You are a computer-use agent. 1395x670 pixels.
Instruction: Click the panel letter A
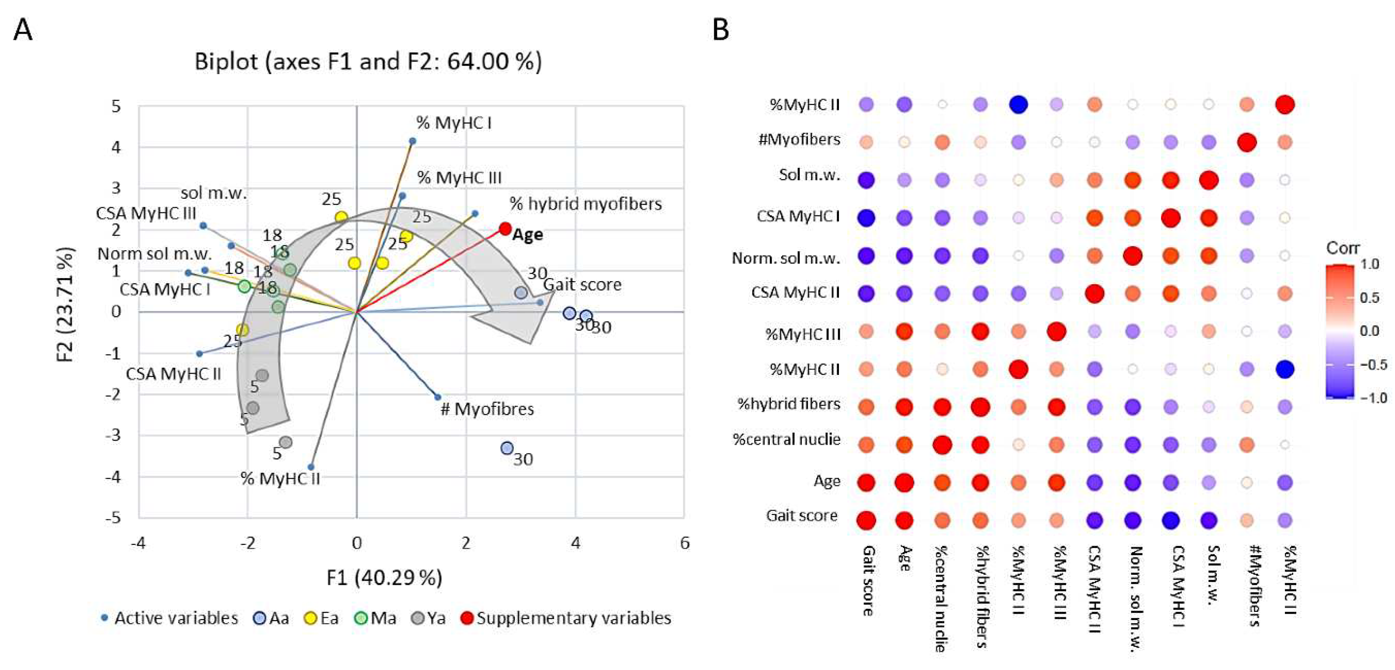click(x=23, y=30)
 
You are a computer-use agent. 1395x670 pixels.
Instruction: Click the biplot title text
click(x=368, y=62)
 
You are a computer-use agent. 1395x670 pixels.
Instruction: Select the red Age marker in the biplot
click(x=505, y=229)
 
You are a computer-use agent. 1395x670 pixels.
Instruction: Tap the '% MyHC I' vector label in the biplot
click(x=454, y=124)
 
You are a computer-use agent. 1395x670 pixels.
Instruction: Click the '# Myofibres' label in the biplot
click(x=487, y=409)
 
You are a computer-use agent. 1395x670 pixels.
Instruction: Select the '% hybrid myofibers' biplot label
click(x=586, y=204)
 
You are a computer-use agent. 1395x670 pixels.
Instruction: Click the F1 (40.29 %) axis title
click(x=384, y=578)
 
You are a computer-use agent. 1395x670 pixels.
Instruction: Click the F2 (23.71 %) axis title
click(x=65, y=305)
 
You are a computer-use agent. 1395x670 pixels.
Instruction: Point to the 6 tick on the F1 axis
click(x=685, y=543)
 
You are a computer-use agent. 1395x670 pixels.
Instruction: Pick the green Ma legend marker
click(x=360, y=618)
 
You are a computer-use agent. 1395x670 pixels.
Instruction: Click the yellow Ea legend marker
click(x=310, y=618)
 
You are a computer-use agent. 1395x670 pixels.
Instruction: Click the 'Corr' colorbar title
click(x=1342, y=248)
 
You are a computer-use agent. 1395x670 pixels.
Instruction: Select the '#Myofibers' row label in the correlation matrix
click(x=799, y=139)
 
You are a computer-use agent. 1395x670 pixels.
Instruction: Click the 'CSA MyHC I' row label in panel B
click(x=798, y=217)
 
